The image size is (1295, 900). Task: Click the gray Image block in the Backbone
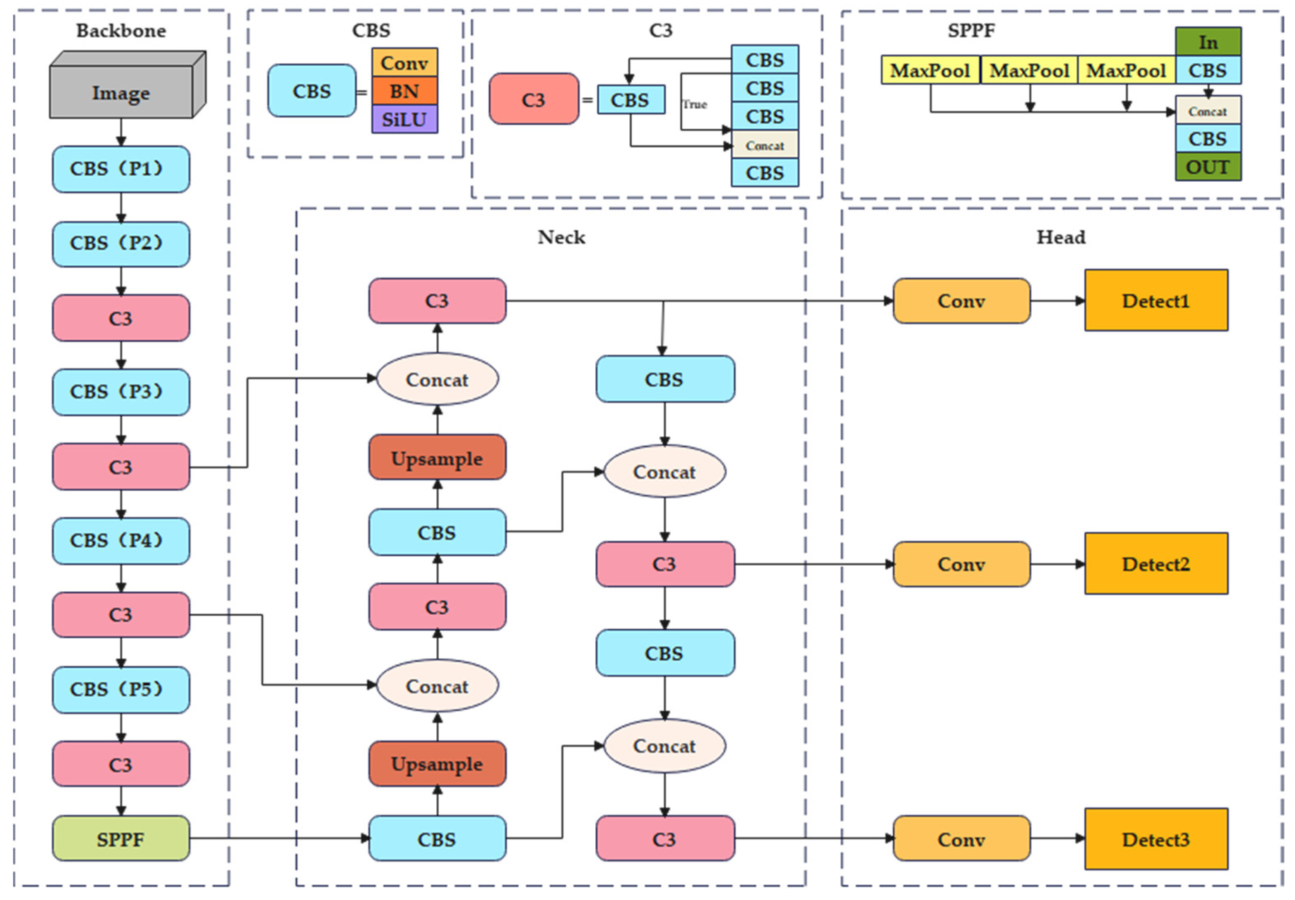(x=121, y=91)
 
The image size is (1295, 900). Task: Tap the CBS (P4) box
(x=121, y=541)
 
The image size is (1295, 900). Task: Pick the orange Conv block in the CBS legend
(x=404, y=62)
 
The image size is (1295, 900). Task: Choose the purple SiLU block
(x=404, y=119)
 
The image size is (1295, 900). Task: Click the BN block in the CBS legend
(x=404, y=91)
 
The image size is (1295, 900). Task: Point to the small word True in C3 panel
(x=694, y=104)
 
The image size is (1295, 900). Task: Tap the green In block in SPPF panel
(x=1208, y=42)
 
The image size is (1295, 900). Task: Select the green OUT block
(x=1208, y=167)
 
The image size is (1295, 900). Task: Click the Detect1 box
(x=1155, y=300)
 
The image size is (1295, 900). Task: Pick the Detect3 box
(x=1155, y=839)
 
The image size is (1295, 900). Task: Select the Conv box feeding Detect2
(x=961, y=564)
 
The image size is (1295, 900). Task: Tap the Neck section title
(x=561, y=237)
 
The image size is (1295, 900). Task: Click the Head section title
(x=1060, y=237)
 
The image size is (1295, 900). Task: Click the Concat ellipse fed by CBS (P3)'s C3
(x=437, y=379)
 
